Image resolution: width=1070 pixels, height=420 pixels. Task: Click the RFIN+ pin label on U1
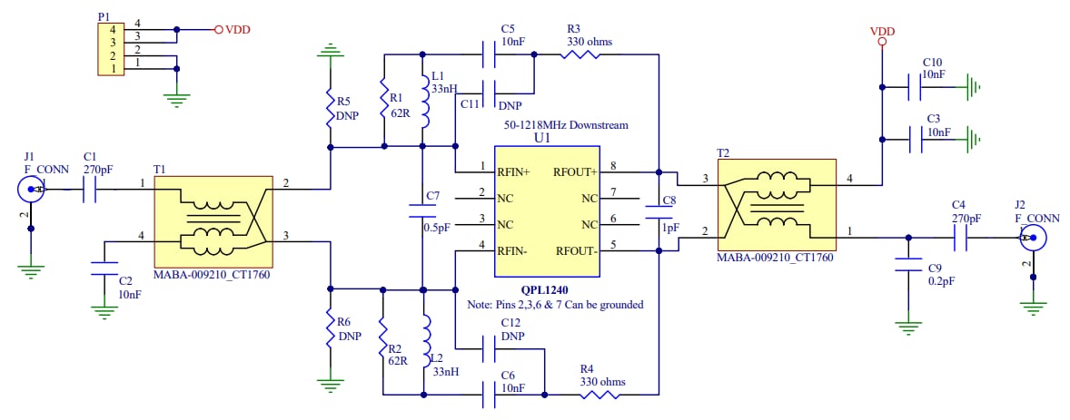(513, 171)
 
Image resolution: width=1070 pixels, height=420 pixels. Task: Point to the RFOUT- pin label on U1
(576, 251)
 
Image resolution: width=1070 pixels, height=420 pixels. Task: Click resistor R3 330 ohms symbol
(579, 54)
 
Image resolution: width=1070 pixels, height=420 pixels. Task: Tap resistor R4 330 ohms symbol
(599, 395)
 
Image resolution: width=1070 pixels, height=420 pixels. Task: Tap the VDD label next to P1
(237, 29)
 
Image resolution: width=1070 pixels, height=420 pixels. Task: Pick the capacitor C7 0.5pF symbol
(422, 210)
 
